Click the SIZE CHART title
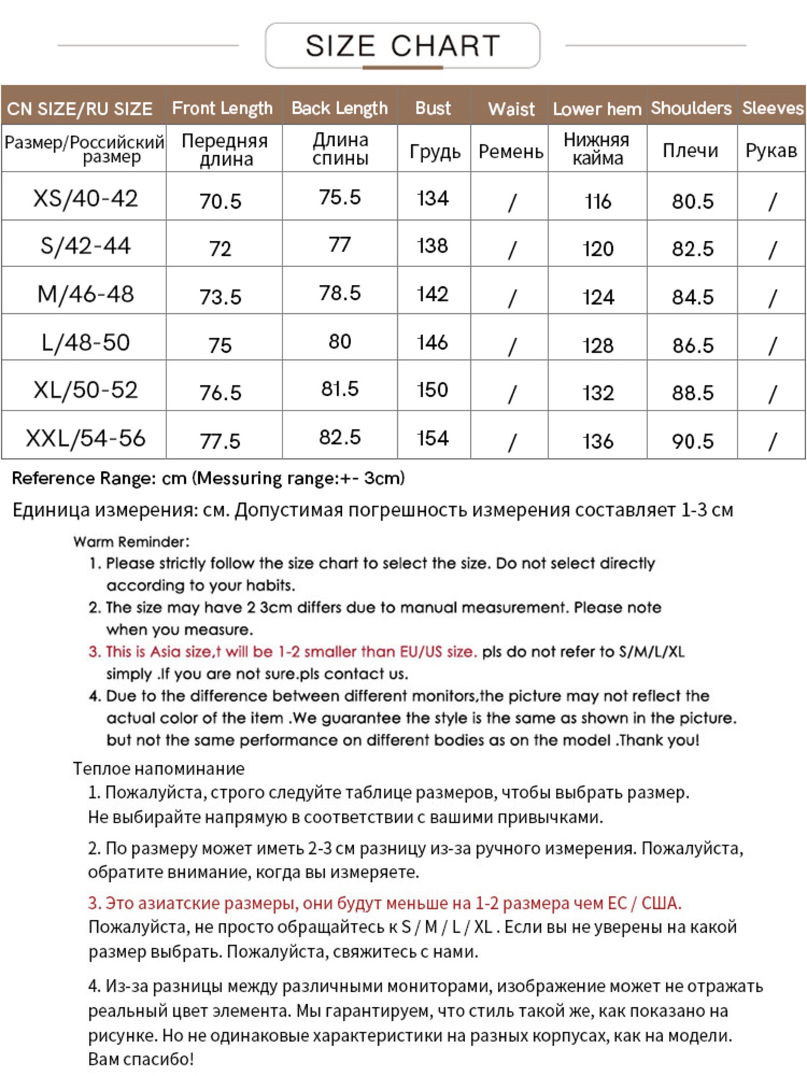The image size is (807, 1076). coord(402,46)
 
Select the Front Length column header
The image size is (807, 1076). coord(222,108)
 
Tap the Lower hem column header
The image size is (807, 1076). coord(596,109)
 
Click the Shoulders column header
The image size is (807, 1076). coord(691,108)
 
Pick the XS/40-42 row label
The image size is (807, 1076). coord(85,199)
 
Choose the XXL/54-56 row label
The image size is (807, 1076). coord(85,438)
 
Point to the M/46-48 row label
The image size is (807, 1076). coord(85,294)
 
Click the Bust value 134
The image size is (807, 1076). coord(433,199)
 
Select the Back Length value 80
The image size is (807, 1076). coord(339,342)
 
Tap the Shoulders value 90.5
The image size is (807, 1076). coord(692,441)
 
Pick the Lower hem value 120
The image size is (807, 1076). coord(598,249)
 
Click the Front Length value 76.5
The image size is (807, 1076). coord(220,393)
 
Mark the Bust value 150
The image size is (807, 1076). coord(433,390)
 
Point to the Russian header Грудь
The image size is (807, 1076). coord(434,151)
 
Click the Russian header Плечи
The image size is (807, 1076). coord(690,151)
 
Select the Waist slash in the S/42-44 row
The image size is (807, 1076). coord(511,250)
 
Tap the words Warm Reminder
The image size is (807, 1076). coord(131,541)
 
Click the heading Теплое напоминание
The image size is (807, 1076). coord(158,768)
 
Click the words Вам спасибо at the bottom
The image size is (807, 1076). coord(141,1059)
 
